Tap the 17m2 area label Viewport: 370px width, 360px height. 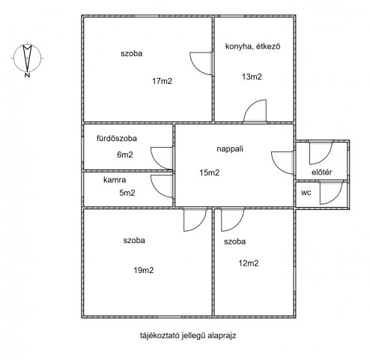pyautogui.click(x=163, y=81)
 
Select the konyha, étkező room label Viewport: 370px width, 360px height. pyautogui.click(x=252, y=46)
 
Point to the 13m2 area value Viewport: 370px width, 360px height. pyautogui.click(x=252, y=76)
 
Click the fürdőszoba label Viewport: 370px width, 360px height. pyautogui.click(x=117, y=138)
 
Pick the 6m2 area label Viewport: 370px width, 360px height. pyautogui.click(x=125, y=154)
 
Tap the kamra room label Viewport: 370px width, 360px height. pyautogui.click(x=115, y=180)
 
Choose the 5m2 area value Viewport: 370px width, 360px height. pyautogui.click(x=127, y=193)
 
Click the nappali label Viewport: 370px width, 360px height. pyautogui.click(x=230, y=148)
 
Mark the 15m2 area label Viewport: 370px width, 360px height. pyautogui.click(x=210, y=172)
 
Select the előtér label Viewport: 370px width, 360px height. pyautogui.click(x=322, y=172)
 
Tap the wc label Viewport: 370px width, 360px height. pyautogui.click(x=306, y=193)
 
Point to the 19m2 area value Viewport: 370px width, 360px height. pyautogui.click(x=144, y=270)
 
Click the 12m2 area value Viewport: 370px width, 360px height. pyautogui.click(x=249, y=263)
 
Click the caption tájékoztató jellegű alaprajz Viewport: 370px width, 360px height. pyautogui.click(x=188, y=335)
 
